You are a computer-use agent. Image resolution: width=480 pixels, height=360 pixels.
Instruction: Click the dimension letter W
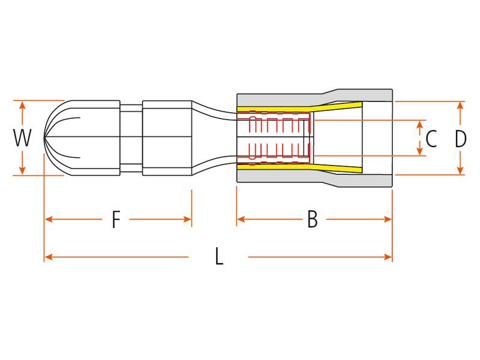(22, 139)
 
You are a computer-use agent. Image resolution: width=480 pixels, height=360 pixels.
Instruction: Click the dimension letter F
(116, 220)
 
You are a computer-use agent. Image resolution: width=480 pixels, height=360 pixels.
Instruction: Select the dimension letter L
(219, 257)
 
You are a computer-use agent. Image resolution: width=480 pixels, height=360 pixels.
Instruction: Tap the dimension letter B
(312, 220)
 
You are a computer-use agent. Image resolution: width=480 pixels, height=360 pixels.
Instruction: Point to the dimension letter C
(430, 139)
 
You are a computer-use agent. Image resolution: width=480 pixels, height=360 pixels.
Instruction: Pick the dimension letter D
(460, 139)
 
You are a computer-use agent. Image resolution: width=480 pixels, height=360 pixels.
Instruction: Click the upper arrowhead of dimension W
(22, 104)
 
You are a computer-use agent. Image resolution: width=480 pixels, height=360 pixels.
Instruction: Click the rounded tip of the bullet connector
(46, 138)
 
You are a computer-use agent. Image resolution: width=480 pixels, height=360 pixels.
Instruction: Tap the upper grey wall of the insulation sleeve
(282, 100)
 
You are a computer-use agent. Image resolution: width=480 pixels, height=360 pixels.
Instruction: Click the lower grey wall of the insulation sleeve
(282, 178)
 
